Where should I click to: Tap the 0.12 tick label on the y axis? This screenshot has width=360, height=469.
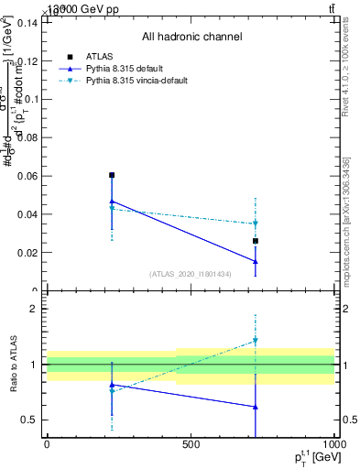coord(28,61)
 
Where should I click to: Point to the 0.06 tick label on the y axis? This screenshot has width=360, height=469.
coord(28,176)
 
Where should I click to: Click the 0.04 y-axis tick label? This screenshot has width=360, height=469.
coord(28,214)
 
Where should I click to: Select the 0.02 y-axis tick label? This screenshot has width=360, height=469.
coord(28,253)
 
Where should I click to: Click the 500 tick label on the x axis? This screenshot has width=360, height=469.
coord(191,444)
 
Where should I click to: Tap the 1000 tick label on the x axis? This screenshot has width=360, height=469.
coord(333,444)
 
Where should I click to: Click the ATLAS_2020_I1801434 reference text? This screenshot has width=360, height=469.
coord(191,274)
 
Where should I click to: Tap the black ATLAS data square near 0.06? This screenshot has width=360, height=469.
coord(112,175)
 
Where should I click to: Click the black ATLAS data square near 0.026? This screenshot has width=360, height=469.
coord(256,241)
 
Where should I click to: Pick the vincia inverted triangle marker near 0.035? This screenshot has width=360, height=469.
coord(256,224)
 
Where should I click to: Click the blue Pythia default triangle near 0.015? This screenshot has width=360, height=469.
coord(256,261)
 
